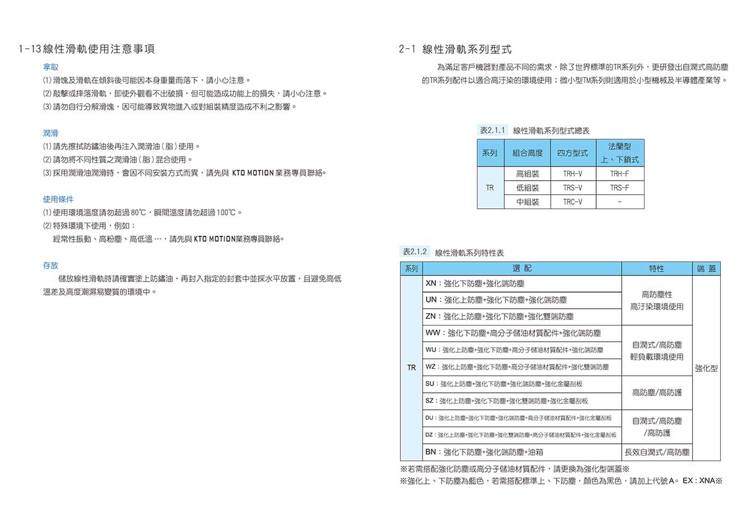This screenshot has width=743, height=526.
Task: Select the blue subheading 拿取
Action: tap(51, 66)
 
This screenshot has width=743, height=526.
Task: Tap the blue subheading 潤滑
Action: tap(51, 133)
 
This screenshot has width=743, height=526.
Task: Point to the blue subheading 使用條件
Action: tap(58, 199)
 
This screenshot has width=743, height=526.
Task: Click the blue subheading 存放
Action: tap(51, 265)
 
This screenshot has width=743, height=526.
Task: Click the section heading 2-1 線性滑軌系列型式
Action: tap(455, 49)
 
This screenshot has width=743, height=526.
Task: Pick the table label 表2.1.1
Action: tap(493, 130)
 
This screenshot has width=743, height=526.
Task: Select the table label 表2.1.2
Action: tap(415, 252)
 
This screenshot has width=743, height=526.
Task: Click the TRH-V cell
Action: tap(572, 174)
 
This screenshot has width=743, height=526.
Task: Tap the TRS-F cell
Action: tap(619, 188)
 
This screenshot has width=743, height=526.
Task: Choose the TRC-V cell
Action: tap(572, 202)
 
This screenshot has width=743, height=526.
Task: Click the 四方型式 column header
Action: tap(572, 153)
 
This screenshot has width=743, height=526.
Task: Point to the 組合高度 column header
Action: tap(528, 153)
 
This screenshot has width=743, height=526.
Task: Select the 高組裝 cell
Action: tap(528, 174)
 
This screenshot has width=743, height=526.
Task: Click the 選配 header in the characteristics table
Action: tap(523, 269)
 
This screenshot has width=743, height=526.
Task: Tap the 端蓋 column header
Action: tap(706, 269)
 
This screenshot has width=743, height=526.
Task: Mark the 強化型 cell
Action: tap(706, 368)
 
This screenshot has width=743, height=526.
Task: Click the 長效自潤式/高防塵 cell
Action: tap(657, 452)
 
